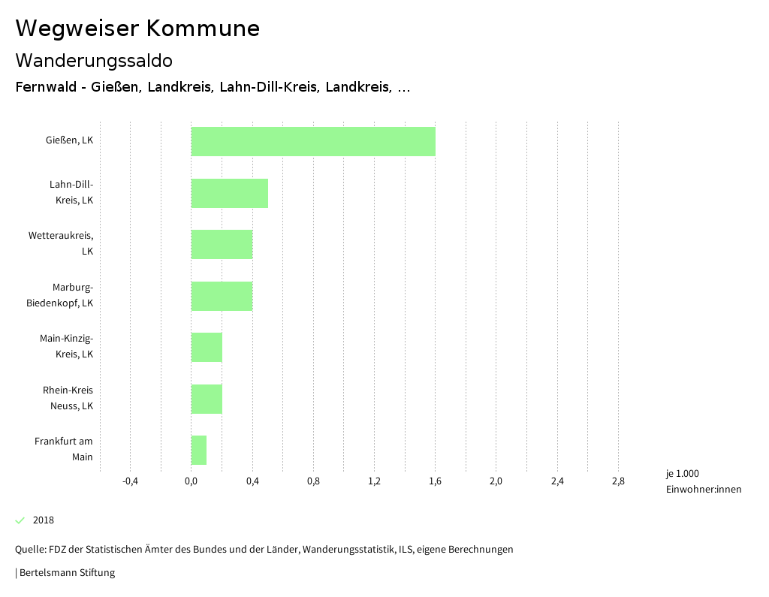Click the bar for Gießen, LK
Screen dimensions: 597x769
[313, 141]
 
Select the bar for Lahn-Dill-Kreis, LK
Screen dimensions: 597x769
[230, 193]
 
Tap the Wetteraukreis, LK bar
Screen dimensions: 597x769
[222, 244]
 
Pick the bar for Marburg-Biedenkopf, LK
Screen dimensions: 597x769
[222, 296]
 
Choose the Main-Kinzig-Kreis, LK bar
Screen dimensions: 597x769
[207, 347]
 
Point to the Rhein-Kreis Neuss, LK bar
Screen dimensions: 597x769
[207, 399]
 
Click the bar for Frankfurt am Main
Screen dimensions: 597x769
[199, 450]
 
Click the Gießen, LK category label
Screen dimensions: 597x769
[69, 140]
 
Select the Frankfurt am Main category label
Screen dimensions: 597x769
[64, 449]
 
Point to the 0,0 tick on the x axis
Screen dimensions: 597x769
[191, 481]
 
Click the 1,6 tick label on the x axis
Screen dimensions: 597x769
[435, 481]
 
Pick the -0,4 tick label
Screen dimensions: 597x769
[130, 481]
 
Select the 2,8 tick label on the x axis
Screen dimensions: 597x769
[618, 481]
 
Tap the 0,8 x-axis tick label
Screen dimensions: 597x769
[313, 481]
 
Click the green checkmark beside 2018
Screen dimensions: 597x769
[20, 520]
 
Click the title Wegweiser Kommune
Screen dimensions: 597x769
[137, 29]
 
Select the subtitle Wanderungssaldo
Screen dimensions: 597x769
[94, 60]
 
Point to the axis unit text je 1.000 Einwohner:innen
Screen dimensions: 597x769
[703, 481]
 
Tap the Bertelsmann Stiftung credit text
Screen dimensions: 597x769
[66, 573]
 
